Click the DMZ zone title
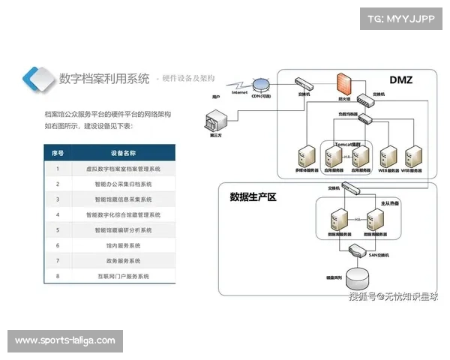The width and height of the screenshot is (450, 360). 400,80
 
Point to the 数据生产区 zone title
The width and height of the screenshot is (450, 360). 253,197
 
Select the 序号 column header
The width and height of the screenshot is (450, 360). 58,152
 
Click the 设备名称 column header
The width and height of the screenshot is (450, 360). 123,152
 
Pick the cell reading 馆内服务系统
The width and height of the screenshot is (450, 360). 123,245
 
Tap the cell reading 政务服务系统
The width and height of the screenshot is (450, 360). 123,261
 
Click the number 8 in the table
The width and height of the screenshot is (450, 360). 58,277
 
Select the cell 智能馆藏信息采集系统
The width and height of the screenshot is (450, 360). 123,199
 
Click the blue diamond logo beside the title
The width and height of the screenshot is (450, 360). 38,79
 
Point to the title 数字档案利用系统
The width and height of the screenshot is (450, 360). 104,79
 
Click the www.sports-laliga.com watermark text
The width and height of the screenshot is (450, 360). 65,341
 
